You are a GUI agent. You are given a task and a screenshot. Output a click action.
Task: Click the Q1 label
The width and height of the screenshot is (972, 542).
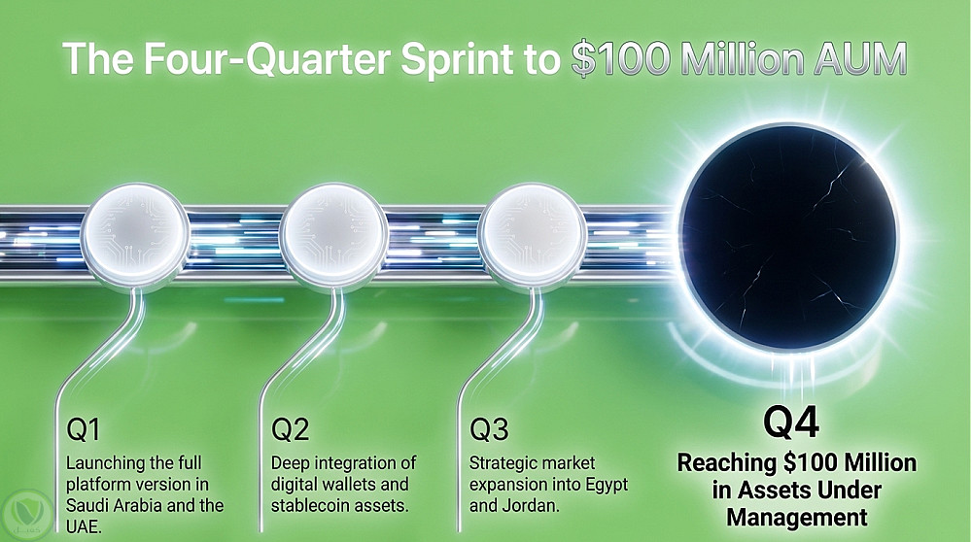coord(83,429)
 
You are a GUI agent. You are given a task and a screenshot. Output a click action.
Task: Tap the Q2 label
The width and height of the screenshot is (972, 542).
coord(290,429)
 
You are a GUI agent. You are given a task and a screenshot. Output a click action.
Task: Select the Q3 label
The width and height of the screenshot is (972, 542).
coord(489,429)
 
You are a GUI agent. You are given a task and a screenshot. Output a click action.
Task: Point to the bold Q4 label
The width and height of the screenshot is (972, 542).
coord(791,422)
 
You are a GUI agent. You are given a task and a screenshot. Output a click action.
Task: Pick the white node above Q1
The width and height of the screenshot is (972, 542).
coord(135,233)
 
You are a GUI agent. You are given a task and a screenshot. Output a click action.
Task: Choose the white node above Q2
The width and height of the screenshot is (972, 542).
coord(333,233)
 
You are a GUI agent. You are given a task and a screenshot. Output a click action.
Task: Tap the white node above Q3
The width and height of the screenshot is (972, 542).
coord(533,233)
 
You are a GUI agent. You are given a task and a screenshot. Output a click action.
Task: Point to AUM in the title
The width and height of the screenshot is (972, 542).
coord(860,59)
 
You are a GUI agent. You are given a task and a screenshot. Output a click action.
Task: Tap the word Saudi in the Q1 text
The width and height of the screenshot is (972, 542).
coord(90,505)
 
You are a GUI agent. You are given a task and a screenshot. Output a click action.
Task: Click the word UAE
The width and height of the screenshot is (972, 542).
coord(84,526)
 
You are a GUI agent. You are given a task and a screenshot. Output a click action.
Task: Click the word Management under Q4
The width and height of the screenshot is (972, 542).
coord(797,517)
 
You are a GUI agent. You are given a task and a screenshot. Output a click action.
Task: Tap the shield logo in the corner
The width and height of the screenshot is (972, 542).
coord(26,513)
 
